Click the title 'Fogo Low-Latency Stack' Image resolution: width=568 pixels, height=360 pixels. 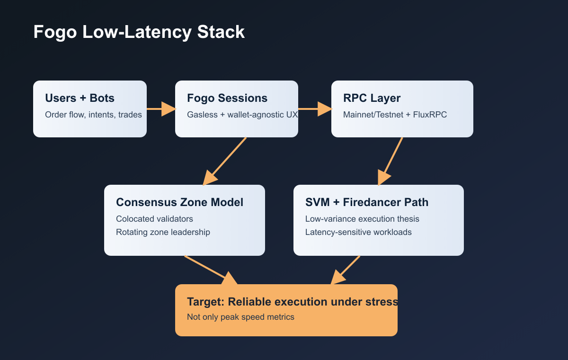coord(139,32)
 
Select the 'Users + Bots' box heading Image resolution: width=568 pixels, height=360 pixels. coord(80,98)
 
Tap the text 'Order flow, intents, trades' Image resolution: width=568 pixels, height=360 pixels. coord(93,115)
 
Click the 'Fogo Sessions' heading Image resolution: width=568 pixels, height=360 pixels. coord(227,98)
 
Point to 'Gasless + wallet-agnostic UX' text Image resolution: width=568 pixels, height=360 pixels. coord(242,115)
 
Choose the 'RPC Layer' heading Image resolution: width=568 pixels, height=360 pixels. coord(372,98)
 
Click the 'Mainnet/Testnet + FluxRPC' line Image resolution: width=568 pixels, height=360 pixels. coord(395,115)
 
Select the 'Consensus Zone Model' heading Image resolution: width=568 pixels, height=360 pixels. coord(179,202)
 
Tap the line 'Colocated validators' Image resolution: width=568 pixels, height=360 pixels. coord(154,219)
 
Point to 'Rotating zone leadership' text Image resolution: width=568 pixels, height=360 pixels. coord(163,232)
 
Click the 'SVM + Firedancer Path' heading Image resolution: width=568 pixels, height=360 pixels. coord(367,202)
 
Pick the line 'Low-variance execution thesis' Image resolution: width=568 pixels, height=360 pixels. coord(362,219)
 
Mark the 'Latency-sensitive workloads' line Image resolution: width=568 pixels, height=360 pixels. coord(358,232)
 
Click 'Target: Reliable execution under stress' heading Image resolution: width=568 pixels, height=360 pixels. coord(292,302)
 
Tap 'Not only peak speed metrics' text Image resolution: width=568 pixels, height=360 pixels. coord(240,317)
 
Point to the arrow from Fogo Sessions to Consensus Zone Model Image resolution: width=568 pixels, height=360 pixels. coord(225,161)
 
